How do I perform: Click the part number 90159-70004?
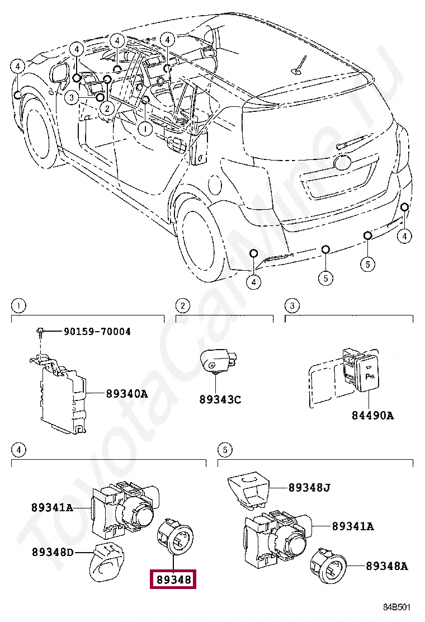pyautogui.click(x=97, y=331)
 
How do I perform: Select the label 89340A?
pyautogui.click(x=127, y=394)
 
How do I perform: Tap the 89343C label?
pyautogui.click(x=220, y=399)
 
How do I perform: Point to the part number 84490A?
pyautogui.click(x=372, y=416)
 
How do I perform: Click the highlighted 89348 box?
pyautogui.click(x=173, y=579)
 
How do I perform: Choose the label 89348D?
pyautogui.click(x=53, y=552)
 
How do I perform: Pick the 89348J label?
pyautogui.click(x=309, y=488)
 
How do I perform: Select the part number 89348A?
pyautogui.click(x=387, y=566)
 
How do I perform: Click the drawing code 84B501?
pyautogui.click(x=396, y=607)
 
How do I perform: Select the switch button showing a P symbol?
pyautogui.click(x=369, y=373)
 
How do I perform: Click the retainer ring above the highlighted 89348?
pyautogui.click(x=175, y=535)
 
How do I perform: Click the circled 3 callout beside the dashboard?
pyautogui.click(x=71, y=97)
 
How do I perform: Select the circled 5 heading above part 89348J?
pyautogui.click(x=225, y=450)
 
